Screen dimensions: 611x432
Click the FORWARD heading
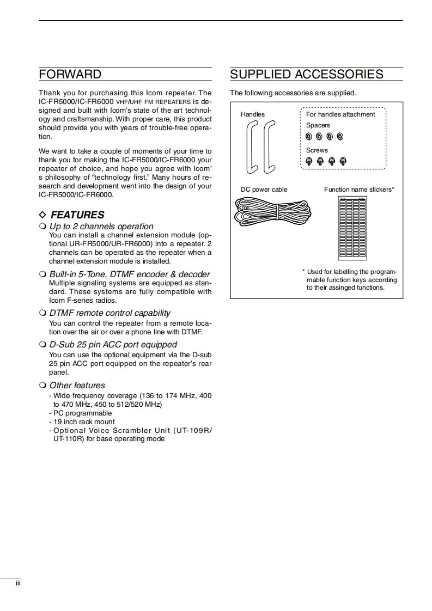pos(70,75)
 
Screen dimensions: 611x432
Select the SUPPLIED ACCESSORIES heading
pos(307,75)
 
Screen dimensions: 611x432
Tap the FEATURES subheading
pos(77,215)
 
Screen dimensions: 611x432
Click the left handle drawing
pos(252,147)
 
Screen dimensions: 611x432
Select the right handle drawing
pos(269,147)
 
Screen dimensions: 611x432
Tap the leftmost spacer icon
pos(308,136)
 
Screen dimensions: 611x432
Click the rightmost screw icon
pos(343,161)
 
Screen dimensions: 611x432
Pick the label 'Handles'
pos(253,114)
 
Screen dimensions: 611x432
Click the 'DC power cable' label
pos(264,190)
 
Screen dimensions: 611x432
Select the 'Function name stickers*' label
pos(359,190)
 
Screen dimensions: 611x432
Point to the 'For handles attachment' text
pos(340,114)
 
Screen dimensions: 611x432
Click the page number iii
pos(17,584)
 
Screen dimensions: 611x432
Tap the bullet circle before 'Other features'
pos(42,386)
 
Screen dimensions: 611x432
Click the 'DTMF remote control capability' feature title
pos(109,313)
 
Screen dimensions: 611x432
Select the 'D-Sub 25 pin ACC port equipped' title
pos(113,345)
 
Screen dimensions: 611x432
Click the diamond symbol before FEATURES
pos(43,215)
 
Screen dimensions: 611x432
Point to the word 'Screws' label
pos(317,150)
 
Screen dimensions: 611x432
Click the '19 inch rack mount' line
pos(83,421)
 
